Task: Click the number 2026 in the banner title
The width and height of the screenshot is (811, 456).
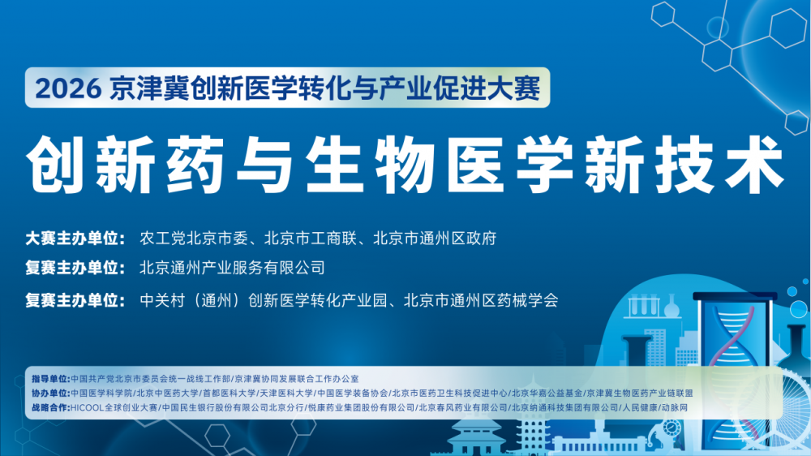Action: [68, 88]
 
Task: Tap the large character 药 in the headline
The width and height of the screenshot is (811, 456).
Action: [195, 165]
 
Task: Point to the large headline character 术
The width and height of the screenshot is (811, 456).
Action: [754, 165]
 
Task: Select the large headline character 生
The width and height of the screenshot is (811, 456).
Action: [335, 165]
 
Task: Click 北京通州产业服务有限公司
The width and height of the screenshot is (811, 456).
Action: [232, 268]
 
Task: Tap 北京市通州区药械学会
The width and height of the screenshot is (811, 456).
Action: [481, 301]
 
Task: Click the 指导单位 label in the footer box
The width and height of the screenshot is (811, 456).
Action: [49, 380]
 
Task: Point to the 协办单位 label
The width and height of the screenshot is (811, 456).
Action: [49, 394]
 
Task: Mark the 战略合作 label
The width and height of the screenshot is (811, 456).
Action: [49, 408]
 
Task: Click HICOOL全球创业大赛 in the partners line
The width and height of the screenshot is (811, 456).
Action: [114, 408]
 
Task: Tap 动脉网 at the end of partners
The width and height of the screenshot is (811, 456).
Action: [675, 408]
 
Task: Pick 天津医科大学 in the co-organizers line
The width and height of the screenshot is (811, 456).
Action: [286, 394]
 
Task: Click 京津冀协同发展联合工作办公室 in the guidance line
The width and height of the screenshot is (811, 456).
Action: [296, 380]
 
